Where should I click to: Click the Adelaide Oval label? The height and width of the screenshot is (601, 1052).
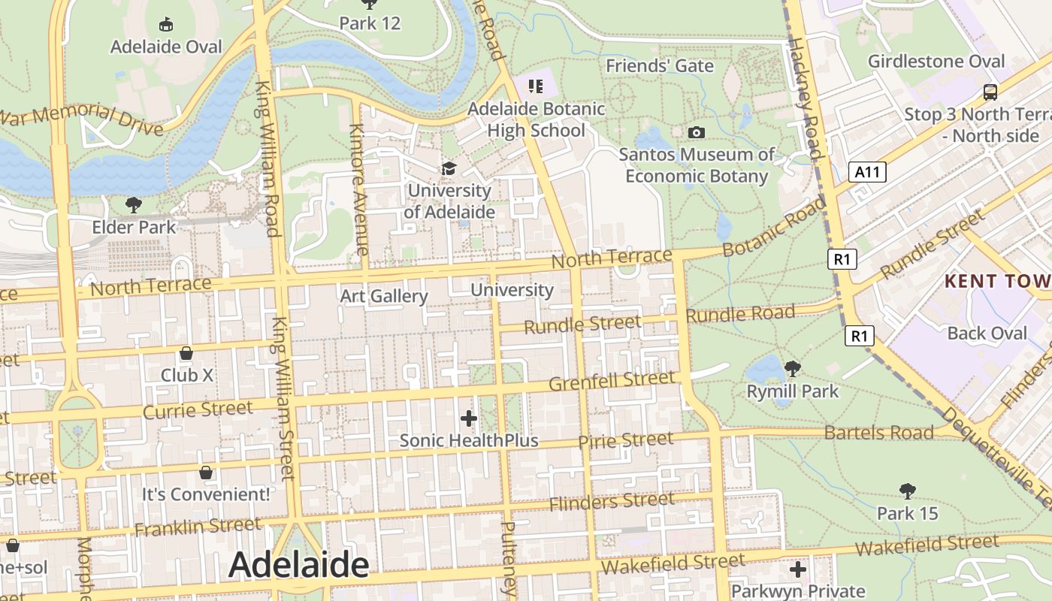166,47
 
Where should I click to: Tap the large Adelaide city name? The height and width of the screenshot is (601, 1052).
298,564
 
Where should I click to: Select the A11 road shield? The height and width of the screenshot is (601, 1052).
868,172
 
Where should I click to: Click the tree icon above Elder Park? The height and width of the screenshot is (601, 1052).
134,204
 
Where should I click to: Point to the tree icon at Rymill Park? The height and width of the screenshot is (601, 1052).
792,368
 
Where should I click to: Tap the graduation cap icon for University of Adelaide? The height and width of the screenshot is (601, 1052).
449,168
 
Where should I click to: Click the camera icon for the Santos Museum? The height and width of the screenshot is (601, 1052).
697,133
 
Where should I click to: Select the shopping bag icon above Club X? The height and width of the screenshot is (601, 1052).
186,353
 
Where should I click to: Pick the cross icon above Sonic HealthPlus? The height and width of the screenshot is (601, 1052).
469,418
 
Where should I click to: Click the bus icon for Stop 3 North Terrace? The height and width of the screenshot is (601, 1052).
990,93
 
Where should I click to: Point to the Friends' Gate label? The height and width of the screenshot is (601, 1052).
660,66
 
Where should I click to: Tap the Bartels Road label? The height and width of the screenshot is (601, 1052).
878,433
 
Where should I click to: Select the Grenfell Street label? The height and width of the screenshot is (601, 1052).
612,381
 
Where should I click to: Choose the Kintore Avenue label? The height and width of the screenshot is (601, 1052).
358,190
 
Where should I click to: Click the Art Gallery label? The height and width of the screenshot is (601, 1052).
383,296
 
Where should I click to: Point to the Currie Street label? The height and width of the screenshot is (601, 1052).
198,410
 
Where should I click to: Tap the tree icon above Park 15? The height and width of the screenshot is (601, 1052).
908,491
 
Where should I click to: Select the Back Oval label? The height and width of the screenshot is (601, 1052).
987,333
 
